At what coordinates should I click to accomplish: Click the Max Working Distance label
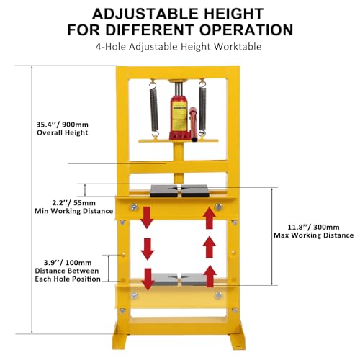coord(314,235)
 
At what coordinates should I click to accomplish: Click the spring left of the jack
coord(153,108)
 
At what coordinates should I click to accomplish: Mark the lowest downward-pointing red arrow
coord(148,277)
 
